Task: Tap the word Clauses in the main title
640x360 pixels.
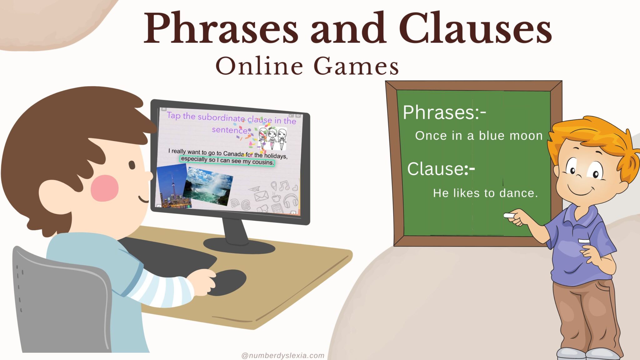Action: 475,29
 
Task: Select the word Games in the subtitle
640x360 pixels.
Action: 356,66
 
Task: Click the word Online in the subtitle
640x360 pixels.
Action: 259,66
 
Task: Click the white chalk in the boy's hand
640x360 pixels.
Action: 509,215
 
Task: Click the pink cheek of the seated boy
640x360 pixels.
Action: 104,188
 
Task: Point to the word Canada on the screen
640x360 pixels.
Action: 233,154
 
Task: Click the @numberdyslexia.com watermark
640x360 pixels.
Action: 283,356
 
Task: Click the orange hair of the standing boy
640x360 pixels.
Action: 591,134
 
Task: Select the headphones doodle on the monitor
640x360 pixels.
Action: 290,200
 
